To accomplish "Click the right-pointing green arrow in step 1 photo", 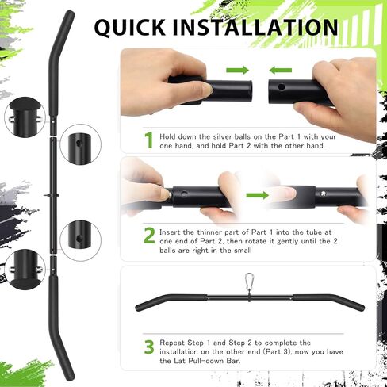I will [237, 71].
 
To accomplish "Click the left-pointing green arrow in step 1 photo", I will [282, 71].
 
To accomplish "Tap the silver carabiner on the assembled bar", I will [249, 282].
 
